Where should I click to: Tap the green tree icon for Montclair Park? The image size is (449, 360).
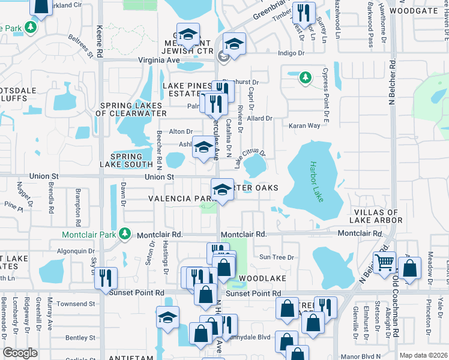pyautogui.click(x=124, y=233)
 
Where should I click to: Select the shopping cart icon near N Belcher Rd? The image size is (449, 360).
pyautogui.click(x=385, y=262)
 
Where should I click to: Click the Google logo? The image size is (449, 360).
pyautogui.click(x=20, y=353)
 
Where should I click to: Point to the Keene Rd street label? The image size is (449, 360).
pyautogui.click(x=100, y=41)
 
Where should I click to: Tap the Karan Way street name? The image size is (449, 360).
pyautogui.click(x=305, y=126)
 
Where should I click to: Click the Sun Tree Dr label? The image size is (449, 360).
pyautogui.click(x=277, y=257)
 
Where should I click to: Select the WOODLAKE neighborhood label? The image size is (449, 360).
pyautogui.click(x=261, y=279)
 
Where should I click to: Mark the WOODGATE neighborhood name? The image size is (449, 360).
pyautogui.click(x=412, y=11)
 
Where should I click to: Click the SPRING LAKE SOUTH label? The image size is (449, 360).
pyautogui.click(x=131, y=160)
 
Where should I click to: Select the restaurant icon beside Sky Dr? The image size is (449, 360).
pyautogui.click(x=106, y=277)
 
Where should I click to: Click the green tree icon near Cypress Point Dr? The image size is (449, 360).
pyautogui.click(x=306, y=77)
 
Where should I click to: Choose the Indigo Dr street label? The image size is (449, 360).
pyautogui.click(x=292, y=53)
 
